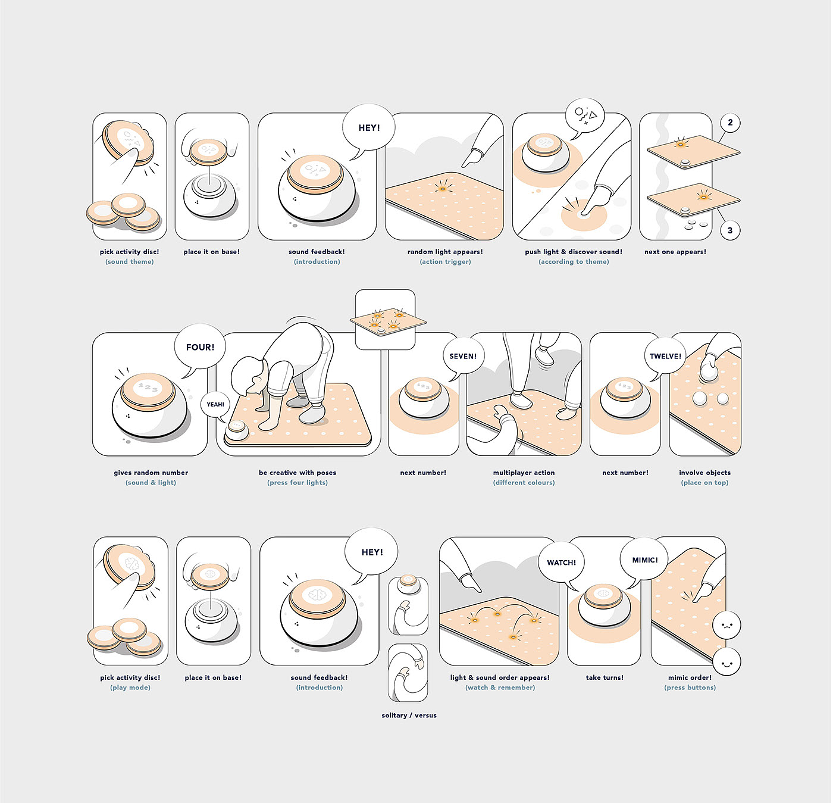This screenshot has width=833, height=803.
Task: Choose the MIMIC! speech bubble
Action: click(x=644, y=560)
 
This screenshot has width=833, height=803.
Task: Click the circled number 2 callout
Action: click(x=730, y=123)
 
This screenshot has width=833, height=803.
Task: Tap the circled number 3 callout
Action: click(x=730, y=231)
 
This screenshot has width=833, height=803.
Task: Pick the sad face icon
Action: click(x=726, y=626)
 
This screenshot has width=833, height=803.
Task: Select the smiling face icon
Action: click(x=726, y=662)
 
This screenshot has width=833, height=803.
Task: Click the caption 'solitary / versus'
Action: click(x=409, y=715)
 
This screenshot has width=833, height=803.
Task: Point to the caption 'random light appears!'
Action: click(x=444, y=252)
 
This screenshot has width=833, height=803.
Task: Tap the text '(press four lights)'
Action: click(x=297, y=483)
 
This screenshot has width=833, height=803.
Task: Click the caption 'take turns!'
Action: click(x=605, y=677)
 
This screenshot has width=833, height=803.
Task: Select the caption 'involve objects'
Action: click(x=704, y=473)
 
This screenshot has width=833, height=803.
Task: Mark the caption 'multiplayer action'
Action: click(x=524, y=473)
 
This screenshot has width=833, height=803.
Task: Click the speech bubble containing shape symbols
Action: click(x=585, y=115)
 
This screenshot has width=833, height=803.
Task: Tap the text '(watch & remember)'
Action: click(x=500, y=688)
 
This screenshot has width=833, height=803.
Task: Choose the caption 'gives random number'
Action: click(x=151, y=473)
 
